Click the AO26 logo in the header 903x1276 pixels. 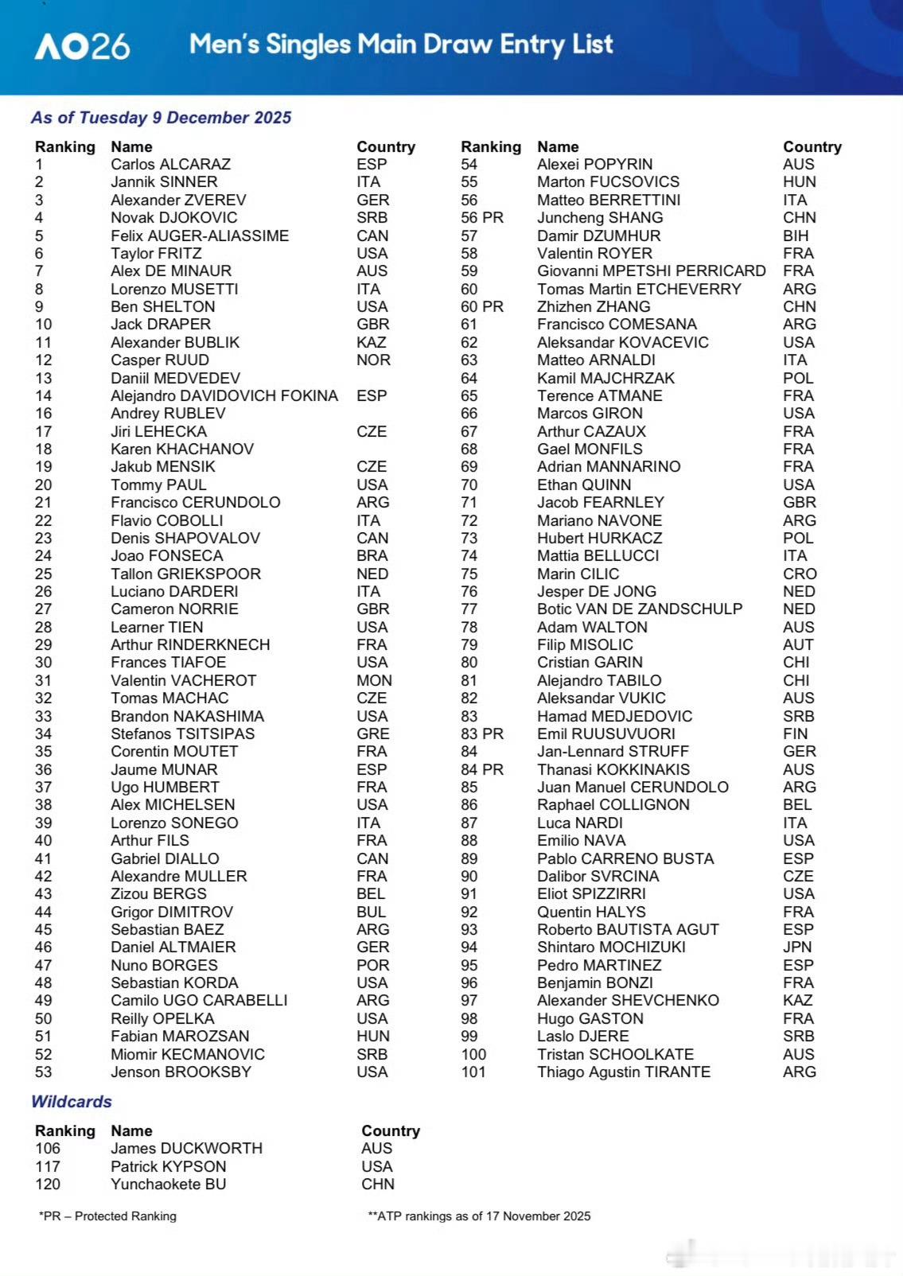click(x=82, y=45)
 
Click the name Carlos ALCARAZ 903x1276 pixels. click(x=170, y=165)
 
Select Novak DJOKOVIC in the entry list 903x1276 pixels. click(x=173, y=218)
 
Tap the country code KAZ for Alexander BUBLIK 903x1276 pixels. click(x=371, y=343)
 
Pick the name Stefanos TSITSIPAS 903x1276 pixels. click(x=182, y=734)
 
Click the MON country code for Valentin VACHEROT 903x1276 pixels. click(x=374, y=681)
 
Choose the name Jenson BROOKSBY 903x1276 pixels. click(x=181, y=1072)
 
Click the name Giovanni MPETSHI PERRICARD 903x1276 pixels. click(x=651, y=271)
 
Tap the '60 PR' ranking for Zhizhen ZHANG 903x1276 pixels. click(x=481, y=307)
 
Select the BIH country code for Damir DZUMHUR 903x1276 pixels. click(x=795, y=236)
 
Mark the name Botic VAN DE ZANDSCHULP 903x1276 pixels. click(x=639, y=609)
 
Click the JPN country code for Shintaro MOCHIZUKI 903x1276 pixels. click(x=796, y=947)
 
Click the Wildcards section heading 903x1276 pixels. click(x=71, y=1102)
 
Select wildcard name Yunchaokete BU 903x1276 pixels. click(x=168, y=1185)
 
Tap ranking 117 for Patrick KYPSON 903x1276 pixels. click(x=47, y=1167)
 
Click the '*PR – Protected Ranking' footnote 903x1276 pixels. click(x=107, y=1216)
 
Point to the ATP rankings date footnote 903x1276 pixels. click(x=478, y=1216)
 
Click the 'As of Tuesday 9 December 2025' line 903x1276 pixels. click(x=161, y=118)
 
